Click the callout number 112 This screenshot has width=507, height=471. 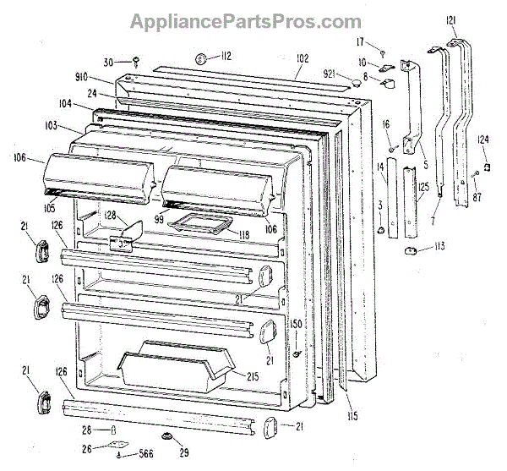click(x=226, y=57)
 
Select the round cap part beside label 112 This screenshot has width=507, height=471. click(x=203, y=58)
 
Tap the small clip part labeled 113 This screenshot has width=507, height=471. click(x=414, y=251)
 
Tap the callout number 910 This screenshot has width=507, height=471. click(x=105, y=79)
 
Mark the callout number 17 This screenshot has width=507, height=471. click(x=360, y=41)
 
